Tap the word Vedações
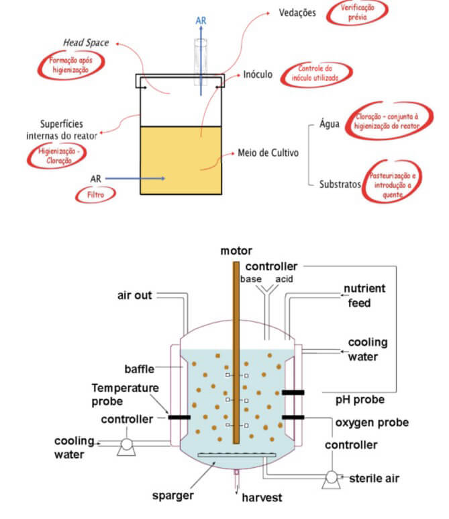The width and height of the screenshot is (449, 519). tap(297, 13)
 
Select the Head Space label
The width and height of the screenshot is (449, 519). tap(86, 43)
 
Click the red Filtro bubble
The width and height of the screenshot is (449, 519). tap(96, 194)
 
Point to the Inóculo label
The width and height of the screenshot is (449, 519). tap(258, 75)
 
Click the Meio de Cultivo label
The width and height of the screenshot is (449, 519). tap(268, 153)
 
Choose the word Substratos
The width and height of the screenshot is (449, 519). tap(340, 184)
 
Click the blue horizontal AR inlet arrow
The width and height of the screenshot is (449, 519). tap(134, 178)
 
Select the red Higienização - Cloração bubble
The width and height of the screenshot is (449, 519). tap(59, 157)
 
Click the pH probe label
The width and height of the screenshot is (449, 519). tap(360, 399)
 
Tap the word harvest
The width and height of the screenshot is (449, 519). tap(260, 497)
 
